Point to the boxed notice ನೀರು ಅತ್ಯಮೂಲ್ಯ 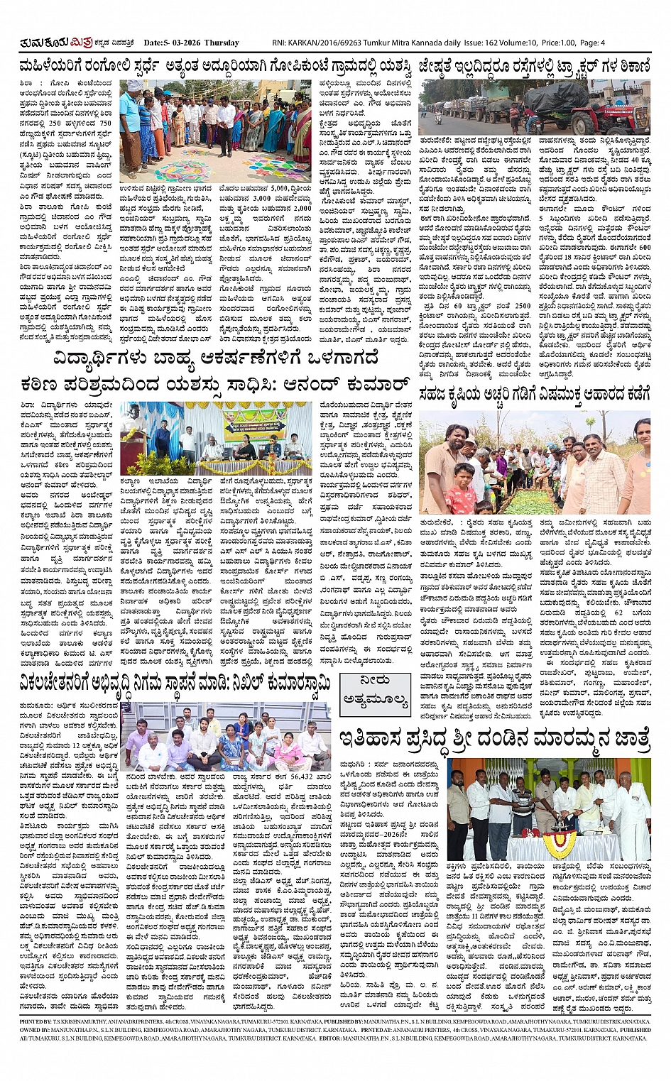[x=375, y=692]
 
